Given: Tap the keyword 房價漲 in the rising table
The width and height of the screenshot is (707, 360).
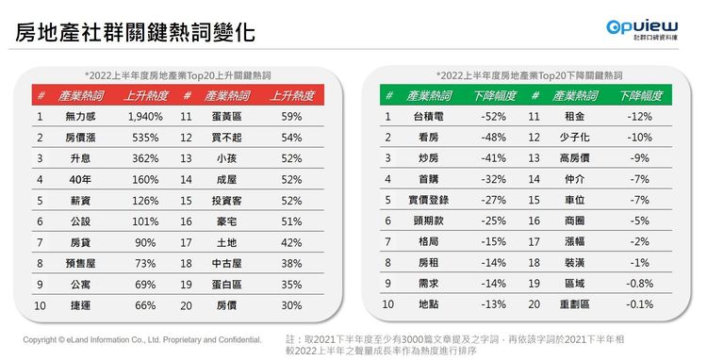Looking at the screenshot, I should pyautogui.click(x=82, y=138).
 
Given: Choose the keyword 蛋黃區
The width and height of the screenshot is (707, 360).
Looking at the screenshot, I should pyautogui.click(x=226, y=117).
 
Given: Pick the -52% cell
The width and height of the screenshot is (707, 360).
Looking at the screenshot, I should pyautogui.click(x=495, y=117).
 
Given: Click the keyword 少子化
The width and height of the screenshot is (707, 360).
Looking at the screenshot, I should pyautogui.click(x=574, y=138).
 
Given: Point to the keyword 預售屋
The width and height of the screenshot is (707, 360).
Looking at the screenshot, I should pyautogui.click(x=82, y=263).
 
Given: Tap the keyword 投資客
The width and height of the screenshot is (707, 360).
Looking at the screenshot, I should pyautogui.click(x=226, y=201).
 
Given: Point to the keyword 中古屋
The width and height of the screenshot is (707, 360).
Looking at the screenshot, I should pyautogui.click(x=226, y=263).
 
